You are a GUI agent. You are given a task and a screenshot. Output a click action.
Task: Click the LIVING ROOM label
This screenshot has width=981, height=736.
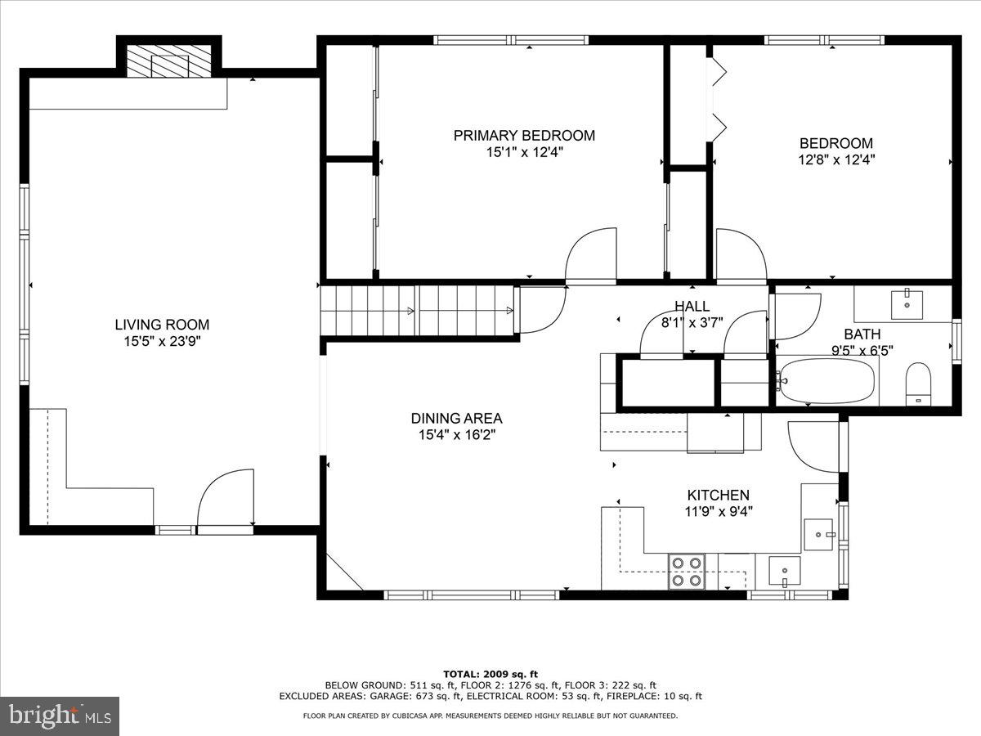162,325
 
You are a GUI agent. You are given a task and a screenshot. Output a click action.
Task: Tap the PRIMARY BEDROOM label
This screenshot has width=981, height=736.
524,136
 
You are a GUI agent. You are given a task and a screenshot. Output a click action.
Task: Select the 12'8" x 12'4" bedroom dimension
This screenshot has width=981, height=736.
835,160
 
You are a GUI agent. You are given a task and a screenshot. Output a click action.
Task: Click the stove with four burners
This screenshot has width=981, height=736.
687,571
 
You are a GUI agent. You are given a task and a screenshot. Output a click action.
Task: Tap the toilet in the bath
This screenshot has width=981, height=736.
919,384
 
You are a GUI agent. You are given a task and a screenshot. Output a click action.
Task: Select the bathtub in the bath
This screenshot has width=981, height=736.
825,380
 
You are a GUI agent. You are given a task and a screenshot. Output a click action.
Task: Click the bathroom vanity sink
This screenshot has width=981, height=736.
906,303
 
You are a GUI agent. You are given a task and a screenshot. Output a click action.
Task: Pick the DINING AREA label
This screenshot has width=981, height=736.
456,419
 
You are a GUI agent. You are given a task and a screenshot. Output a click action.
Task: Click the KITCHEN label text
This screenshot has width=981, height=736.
718,496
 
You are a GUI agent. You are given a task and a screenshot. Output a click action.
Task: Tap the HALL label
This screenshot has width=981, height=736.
692,306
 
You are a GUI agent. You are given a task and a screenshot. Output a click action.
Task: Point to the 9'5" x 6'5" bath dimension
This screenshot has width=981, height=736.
862,350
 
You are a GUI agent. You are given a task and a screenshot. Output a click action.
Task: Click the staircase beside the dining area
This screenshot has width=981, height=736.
417,310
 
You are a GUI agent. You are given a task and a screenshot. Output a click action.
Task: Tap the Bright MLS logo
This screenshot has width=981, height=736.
60,716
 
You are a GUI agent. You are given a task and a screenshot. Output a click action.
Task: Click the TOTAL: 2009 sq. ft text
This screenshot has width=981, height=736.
490,673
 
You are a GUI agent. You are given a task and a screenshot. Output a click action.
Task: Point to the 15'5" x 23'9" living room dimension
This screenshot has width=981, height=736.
162,341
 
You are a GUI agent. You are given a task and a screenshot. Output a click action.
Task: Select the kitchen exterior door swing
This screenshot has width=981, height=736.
814,447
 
